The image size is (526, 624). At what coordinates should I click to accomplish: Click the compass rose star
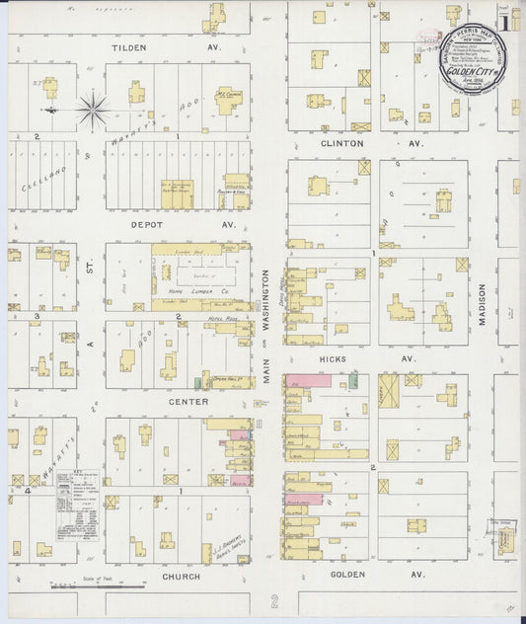click(93, 109)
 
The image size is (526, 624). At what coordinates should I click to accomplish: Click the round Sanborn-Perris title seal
click(469, 58)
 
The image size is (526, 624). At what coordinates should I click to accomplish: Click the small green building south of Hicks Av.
click(353, 382)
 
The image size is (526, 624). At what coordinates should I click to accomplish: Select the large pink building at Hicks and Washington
click(308, 380)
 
